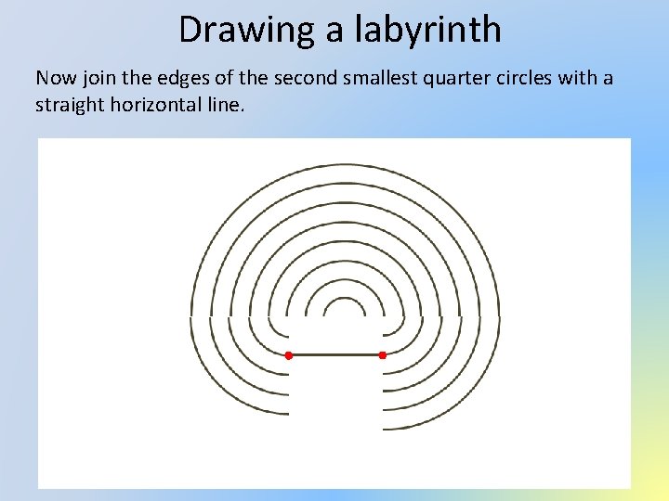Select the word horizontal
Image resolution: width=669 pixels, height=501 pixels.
[x=161, y=104]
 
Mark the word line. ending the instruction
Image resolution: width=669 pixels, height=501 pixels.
[x=228, y=104]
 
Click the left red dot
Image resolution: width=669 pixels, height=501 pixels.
[x=289, y=355]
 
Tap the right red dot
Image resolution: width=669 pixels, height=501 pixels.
[x=382, y=355]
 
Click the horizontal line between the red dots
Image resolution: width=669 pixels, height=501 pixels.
[x=335, y=355]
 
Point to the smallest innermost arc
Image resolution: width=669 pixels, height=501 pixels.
[x=345, y=299]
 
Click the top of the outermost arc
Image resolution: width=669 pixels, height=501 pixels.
[x=345, y=164]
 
